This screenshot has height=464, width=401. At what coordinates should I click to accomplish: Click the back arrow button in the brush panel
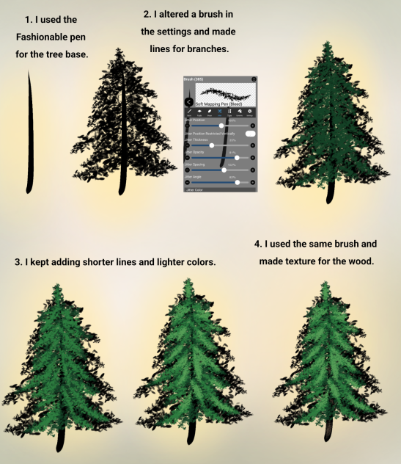point(188,101)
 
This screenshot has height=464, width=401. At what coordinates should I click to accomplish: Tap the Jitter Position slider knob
point(221,126)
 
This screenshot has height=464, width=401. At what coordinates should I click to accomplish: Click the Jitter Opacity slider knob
point(236,157)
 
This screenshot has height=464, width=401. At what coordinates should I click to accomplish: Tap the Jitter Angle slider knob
point(237,181)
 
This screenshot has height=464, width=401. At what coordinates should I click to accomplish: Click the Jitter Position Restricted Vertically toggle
point(250,134)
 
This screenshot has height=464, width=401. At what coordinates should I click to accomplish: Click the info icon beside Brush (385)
point(253,79)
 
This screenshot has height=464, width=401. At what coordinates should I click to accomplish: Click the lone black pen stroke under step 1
point(29,132)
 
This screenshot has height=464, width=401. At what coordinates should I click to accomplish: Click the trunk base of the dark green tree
point(330,195)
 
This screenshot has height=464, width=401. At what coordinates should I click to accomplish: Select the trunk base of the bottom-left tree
point(60,444)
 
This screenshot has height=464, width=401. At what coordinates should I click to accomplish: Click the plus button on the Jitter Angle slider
point(252,181)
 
